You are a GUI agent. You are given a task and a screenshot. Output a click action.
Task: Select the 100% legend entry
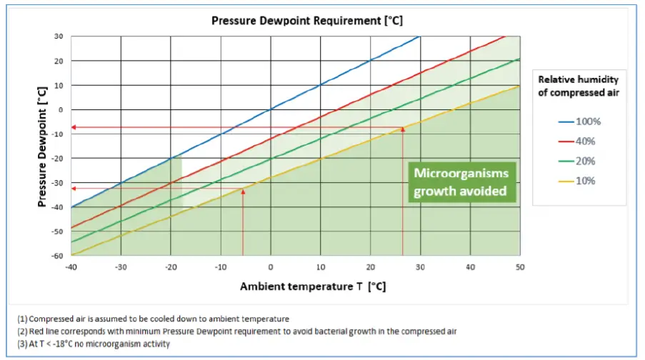tap(579, 121)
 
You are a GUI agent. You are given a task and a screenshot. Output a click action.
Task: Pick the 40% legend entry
tap(579, 141)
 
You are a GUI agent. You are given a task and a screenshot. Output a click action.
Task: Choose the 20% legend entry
tap(579, 161)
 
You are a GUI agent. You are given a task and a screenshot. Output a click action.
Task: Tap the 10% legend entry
tap(579, 181)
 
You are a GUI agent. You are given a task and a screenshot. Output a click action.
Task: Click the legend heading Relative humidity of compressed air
tap(578, 86)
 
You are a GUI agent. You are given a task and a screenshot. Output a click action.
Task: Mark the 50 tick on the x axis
tap(519, 266)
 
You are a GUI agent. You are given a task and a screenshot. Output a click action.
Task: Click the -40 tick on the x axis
tap(71, 266)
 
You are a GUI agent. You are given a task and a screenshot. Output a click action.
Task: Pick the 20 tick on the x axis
tap(370, 266)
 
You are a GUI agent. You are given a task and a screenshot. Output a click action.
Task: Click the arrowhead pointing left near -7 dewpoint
tap(74, 127)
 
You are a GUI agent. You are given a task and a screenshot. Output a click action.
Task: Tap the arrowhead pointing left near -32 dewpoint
tap(74, 189)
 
